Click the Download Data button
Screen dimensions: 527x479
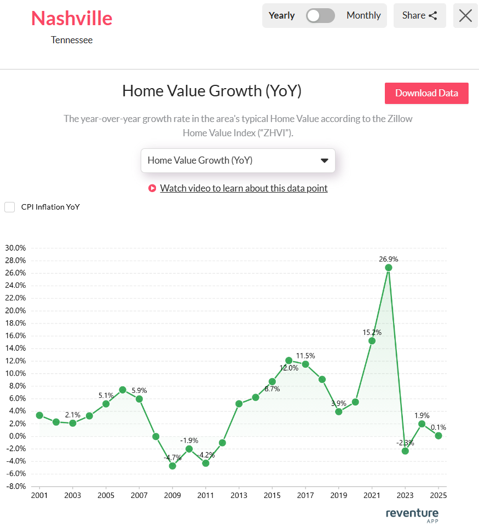click(x=426, y=93)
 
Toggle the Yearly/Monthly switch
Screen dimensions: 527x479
click(x=321, y=15)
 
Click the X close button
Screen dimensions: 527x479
click(x=465, y=15)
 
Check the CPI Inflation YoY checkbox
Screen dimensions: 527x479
click(x=9, y=207)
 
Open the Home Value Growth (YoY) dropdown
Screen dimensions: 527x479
click(x=238, y=160)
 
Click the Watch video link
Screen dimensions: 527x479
click(x=244, y=188)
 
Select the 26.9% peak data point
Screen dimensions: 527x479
click(x=389, y=268)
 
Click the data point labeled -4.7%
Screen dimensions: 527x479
click(x=172, y=466)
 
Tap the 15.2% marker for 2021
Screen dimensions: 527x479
click(x=372, y=340)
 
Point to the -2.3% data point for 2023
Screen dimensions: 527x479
click(x=405, y=451)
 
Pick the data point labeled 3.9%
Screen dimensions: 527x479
click(x=339, y=412)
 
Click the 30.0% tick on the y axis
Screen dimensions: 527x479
click(x=15, y=247)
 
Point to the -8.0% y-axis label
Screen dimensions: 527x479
click(x=15, y=487)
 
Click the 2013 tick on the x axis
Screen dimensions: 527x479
click(x=239, y=496)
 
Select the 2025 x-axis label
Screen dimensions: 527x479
click(x=438, y=496)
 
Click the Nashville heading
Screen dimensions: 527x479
click(x=72, y=18)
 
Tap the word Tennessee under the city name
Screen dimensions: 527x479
click(x=72, y=40)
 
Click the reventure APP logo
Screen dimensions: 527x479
click(x=412, y=515)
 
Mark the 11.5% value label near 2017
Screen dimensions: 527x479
click(x=305, y=356)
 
